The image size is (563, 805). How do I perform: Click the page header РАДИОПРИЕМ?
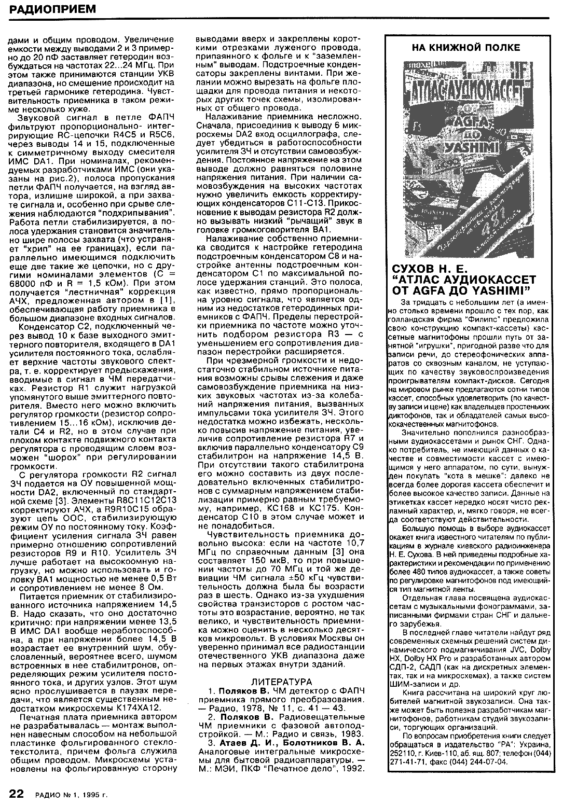pyautogui.click(x=46, y=9)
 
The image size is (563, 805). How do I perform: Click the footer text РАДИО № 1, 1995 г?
pyautogui.click(x=72, y=794)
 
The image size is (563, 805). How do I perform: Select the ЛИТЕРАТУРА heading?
pyautogui.click(x=282, y=681)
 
